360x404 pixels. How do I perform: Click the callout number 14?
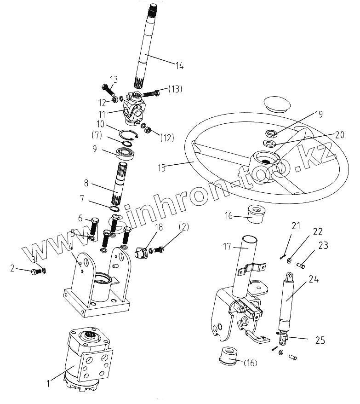[x=179, y=66]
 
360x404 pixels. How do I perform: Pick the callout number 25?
[x=320, y=341]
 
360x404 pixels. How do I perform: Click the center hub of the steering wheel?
[x=265, y=161]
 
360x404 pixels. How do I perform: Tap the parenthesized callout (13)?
[x=175, y=88]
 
